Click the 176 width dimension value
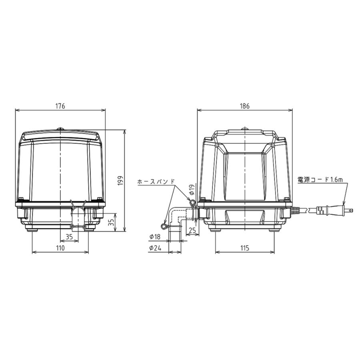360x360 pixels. pos(60,106)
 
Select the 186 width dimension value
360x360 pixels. pos(244,106)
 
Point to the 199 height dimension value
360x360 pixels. pos(120,181)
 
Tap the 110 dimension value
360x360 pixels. pos(60,248)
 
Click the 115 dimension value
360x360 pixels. pos(245,248)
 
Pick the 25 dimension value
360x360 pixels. pos(192,230)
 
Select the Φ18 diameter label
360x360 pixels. pos(155,237)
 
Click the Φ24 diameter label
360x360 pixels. pos(155,248)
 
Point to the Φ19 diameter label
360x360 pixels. pos(192,190)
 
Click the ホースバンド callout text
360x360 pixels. pos(156,181)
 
